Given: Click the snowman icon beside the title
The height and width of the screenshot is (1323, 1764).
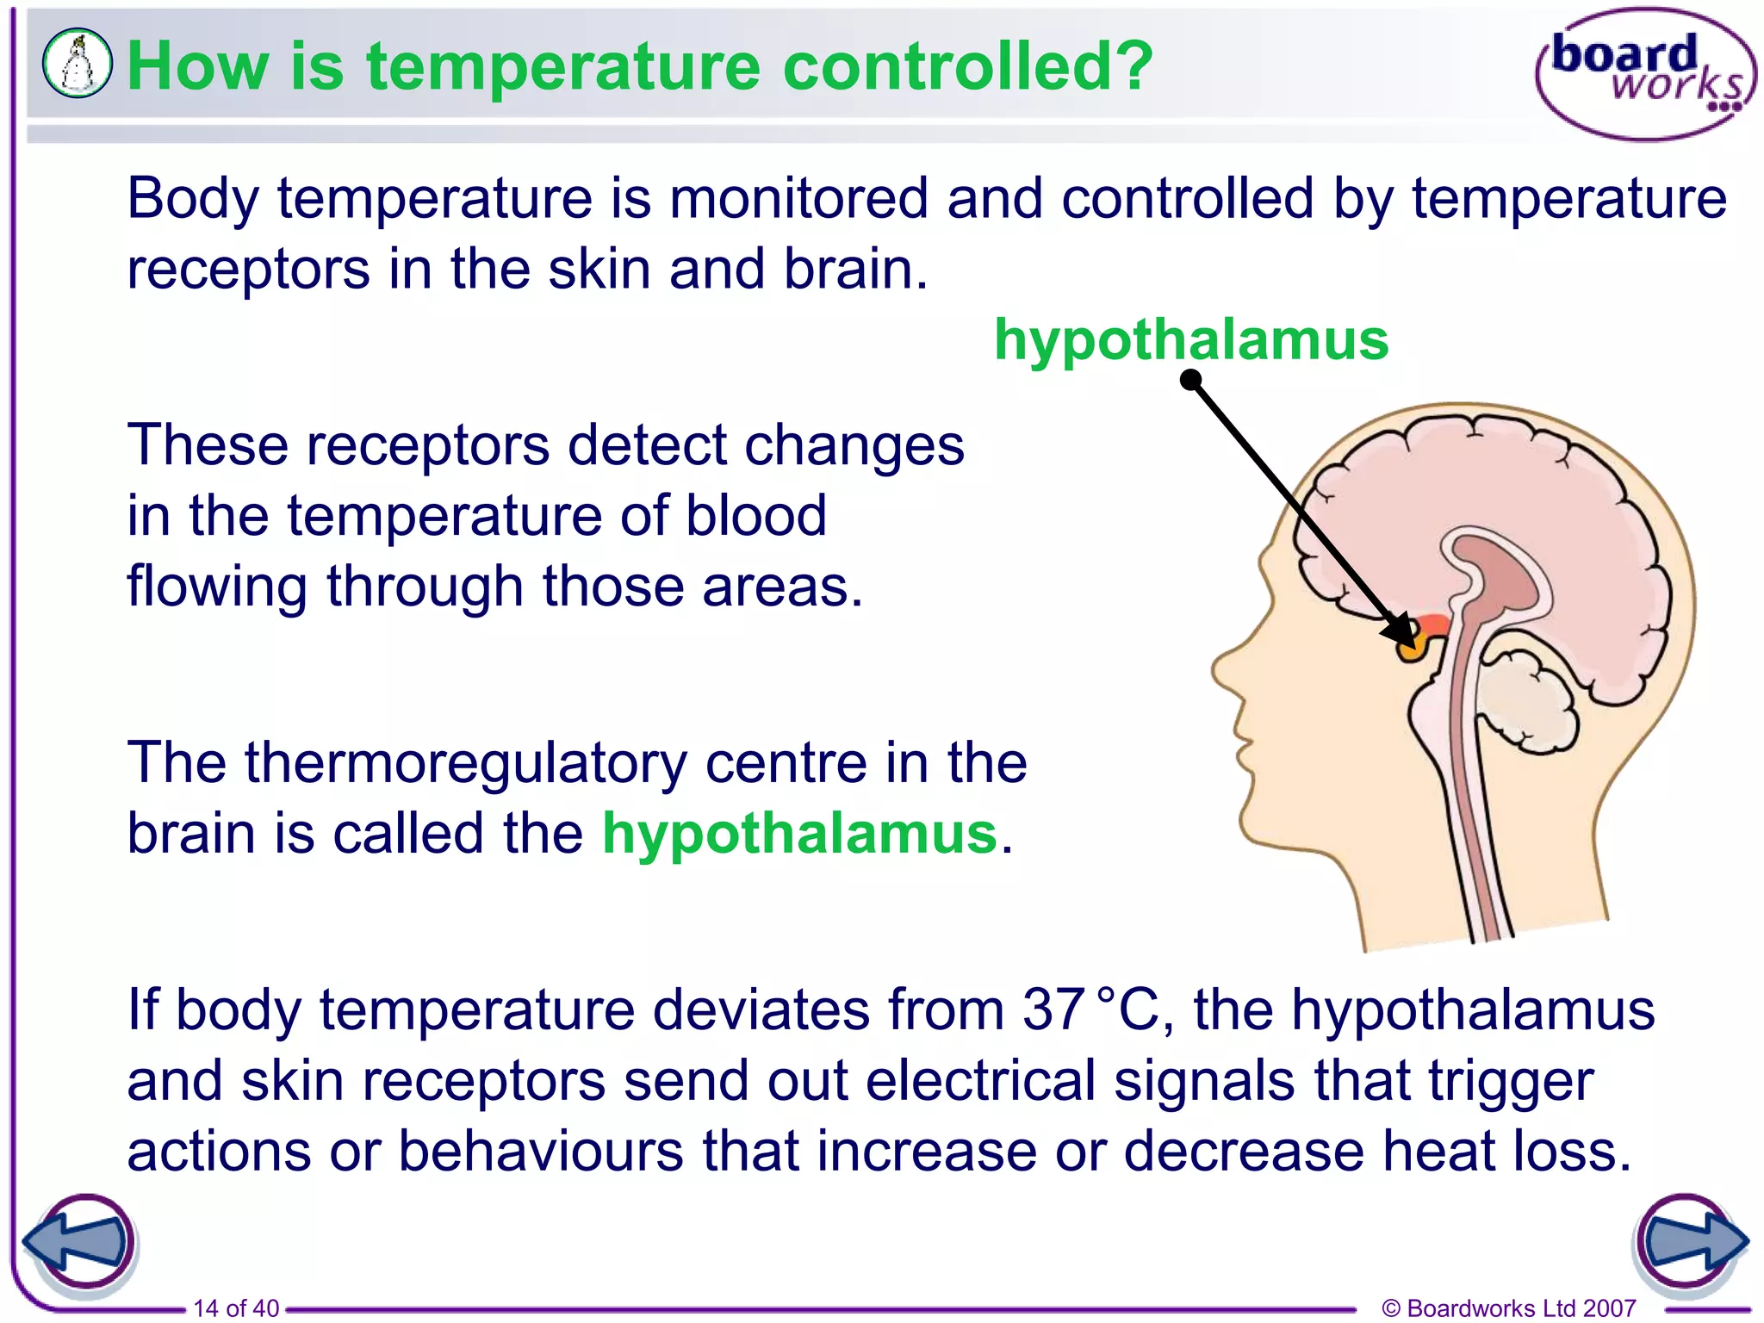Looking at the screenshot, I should pyautogui.click(x=78, y=64).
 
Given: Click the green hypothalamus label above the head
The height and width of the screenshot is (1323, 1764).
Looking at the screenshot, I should pyautogui.click(x=1191, y=339).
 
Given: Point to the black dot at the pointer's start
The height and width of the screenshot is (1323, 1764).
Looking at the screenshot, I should pyautogui.click(x=1190, y=380).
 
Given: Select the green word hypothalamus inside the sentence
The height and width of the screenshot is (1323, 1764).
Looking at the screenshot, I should pyautogui.click(x=799, y=834).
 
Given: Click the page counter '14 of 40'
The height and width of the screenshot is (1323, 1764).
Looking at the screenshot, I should pyautogui.click(x=236, y=1308).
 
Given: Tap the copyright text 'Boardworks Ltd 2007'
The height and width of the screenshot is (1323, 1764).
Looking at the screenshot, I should pyautogui.click(x=1520, y=1308).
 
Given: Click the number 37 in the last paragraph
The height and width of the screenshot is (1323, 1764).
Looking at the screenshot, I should pyautogui.click(x=1053, y=1009).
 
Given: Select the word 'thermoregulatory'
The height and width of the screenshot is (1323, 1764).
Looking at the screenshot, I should pyautogui.click(x=466, y=763).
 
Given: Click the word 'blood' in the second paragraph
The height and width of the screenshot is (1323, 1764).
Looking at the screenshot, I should pyautogui.click(x=755, y=516).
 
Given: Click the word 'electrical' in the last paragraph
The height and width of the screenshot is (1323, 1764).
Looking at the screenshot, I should pyautogui.click(x=980, y=1080).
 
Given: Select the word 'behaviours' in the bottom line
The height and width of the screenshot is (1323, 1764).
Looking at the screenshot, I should pyautogui.click(x=541, y=1151).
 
